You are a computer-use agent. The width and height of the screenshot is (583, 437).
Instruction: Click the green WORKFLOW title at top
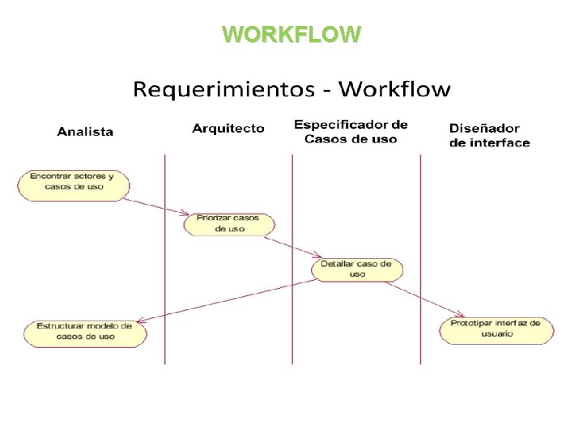click(291, 34)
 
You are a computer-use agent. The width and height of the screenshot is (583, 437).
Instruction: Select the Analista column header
click(85, 131)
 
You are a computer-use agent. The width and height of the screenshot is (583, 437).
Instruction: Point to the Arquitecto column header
click(228, 128)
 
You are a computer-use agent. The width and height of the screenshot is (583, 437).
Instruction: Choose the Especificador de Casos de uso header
click(351, 131)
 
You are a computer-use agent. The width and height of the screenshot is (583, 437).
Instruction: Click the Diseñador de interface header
click(489, 135)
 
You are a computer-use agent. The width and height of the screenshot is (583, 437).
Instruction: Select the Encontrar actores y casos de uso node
click(72, 185)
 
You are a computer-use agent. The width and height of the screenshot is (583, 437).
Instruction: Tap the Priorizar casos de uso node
click(230, 223)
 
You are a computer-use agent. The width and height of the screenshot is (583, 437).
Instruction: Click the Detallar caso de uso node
click(357, 269)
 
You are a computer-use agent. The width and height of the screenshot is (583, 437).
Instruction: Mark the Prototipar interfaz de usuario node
click(496, 329)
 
